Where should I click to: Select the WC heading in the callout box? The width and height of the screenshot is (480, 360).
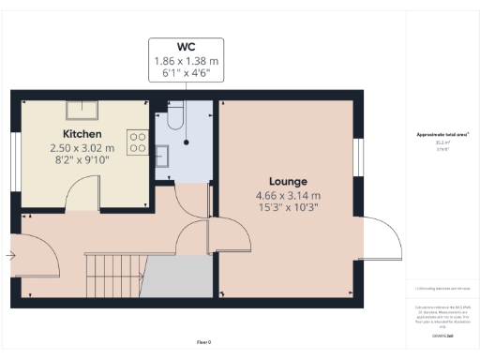[186, 47]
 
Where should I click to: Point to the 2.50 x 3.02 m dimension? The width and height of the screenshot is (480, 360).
[82, 148]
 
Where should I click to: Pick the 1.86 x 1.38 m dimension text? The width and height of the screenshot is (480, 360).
[186, 61]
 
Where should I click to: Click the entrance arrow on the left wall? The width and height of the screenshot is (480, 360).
[11, 254]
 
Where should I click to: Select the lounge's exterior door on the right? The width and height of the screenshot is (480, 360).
[382, 239]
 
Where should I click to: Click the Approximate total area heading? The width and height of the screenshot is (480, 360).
[442, 135]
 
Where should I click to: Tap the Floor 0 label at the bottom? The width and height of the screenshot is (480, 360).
[203, 342]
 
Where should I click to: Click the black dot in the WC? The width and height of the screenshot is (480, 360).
[186, 142]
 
